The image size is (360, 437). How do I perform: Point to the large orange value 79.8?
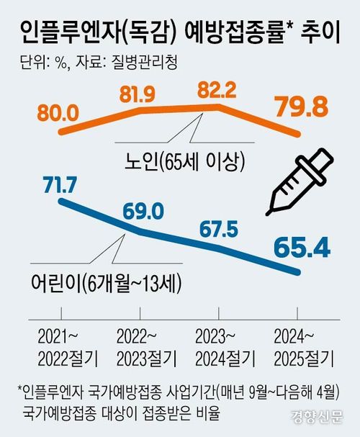click(x=301, y=110)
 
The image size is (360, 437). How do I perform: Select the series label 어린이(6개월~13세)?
click(x=105, y=282)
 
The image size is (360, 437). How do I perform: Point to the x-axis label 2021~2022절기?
click(x=61, y=347)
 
